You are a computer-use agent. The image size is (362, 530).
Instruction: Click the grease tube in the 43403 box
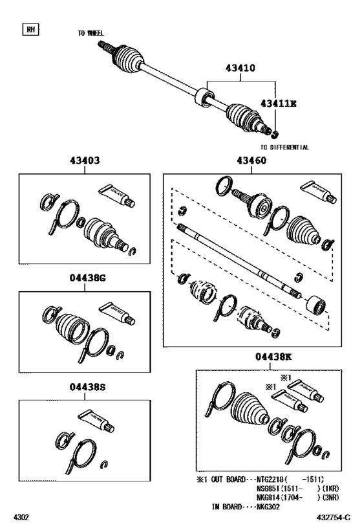point(117,195)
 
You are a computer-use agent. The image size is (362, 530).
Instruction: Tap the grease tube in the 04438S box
point(96,421)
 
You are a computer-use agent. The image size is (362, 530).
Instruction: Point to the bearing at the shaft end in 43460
point(316,304)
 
